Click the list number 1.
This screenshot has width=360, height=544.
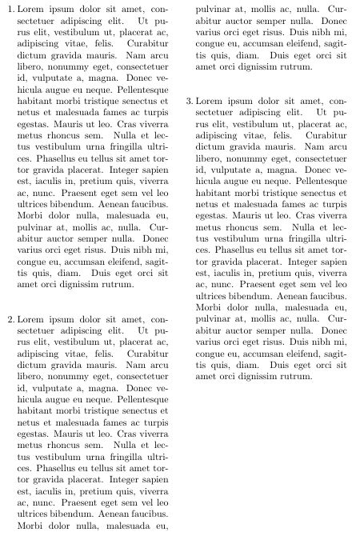pos(10,9)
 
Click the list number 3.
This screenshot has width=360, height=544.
pos(189,102)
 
